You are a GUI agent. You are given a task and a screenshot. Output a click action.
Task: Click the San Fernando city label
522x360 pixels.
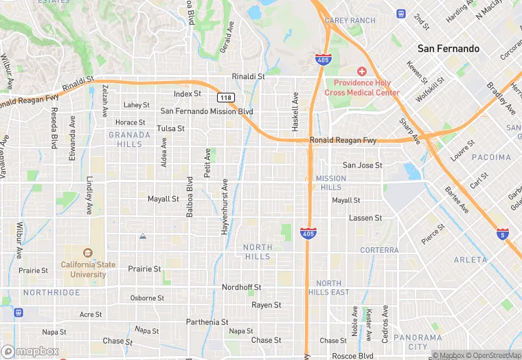coord(449,49)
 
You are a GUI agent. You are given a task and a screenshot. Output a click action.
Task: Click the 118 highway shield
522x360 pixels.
coord(227,98)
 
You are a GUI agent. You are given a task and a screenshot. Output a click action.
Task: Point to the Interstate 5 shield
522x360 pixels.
coord(503,234)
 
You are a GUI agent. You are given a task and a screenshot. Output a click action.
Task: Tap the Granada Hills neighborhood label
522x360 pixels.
coord(125,139)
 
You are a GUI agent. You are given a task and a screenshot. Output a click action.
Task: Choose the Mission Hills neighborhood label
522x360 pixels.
coord(330,183)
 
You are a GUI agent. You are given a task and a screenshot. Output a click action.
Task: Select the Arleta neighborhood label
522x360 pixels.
coord(470,260)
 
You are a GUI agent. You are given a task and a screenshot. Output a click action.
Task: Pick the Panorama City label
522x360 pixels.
coord(418,341)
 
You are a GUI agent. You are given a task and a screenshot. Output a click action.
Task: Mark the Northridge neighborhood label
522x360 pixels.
coord(52,293)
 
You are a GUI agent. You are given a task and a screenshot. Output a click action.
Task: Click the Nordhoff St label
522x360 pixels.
coord(241,287)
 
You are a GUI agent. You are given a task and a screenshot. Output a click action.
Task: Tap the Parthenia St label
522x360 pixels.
coord(206,322)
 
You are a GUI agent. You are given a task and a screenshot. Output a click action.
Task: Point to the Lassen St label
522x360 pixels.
coord(365,218)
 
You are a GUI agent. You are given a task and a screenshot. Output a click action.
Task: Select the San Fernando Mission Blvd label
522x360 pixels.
coord(207,111)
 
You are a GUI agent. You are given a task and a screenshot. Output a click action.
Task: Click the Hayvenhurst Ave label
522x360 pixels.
coord(224,207)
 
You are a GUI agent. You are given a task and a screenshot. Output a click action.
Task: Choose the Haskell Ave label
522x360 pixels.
coord(295,112)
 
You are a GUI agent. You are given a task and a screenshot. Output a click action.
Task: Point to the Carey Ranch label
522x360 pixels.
coord(350,21)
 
